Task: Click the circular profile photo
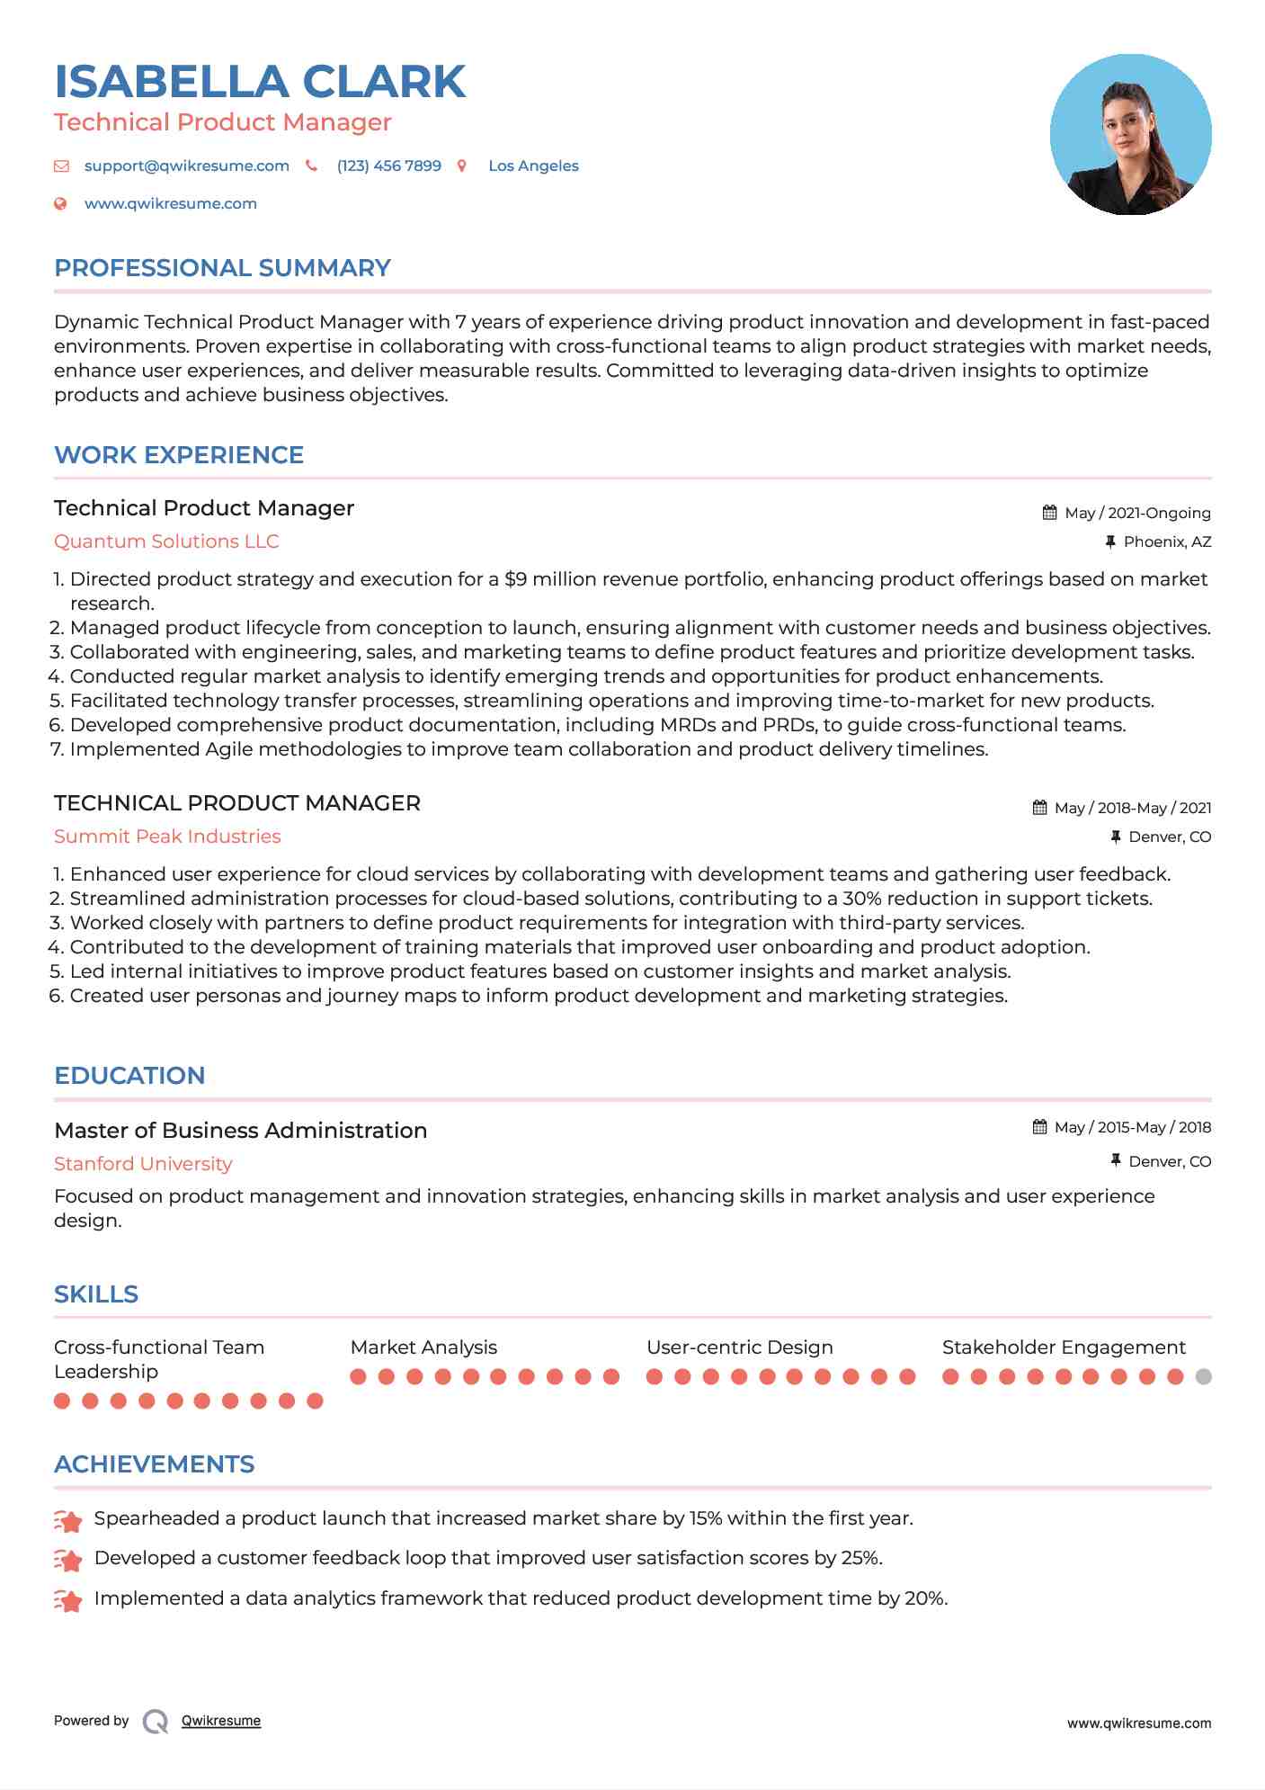(1130, 135)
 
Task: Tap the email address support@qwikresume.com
(186, 166)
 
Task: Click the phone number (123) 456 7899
(388, 166)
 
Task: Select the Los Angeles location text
(533, 166)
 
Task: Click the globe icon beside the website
(61, 204)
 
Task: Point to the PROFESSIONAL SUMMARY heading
(222, 268)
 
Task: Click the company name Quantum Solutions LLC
(166, 541)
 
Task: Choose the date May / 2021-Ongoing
(1137, 514)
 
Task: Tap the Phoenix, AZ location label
(1167, 542)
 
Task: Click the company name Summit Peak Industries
(167, 837)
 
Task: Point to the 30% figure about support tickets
(861, 899)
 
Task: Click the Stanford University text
(143, 1164)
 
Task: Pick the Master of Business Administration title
(240, 1131)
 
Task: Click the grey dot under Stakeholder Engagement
(1204, 1376)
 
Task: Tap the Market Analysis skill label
(423, 1347)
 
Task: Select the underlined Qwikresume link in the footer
(221, 1721)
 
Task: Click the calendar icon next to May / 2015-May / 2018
(1039, 1127)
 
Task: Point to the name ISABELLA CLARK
(260, 82)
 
